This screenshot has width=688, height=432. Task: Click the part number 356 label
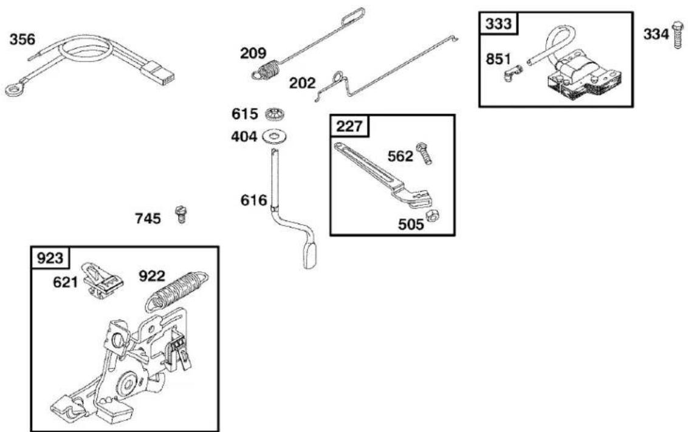pyautogui.click(x=22, y=40)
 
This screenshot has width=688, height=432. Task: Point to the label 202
pyautogui.click(x=302, y=83)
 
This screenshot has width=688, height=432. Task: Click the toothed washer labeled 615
pyautogui.click(x=276, y=114)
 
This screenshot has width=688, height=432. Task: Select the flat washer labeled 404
pyautogui.click(x=275, y=137)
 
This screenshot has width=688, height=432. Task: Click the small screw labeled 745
pyautogui.click(x=180, y=214)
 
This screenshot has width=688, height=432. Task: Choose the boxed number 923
pyautogui.click(x=50, y=258)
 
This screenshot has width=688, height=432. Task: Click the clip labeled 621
pyautogui.click(x=103, y=280)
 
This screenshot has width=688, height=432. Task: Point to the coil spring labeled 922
pyautogui.click(x=177, y=290)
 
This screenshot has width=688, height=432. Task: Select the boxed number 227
pyautogui.click(x=349, y=127)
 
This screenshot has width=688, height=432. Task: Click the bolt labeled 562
pyautogui.click(x=424, y=153)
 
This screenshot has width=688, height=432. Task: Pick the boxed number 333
pyautogui.click(x=498, y=23)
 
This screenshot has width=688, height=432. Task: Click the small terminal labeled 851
pyautogui.click(x=512, y=72)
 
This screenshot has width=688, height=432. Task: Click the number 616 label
pyautogui.click(x=253, y=200)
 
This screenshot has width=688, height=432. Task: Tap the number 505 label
pyautogui.click(x=411, y=225)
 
